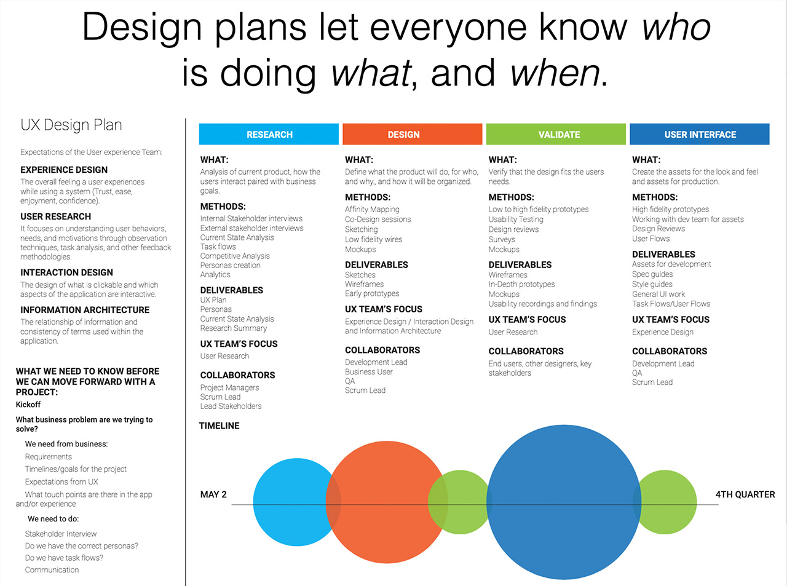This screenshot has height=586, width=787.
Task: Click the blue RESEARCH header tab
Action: [x=269, y=134]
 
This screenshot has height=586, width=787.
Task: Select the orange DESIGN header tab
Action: [x=412, y=134]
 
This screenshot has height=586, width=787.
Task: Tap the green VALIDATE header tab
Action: [x=556, y=134]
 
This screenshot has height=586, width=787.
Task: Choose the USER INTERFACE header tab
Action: [x=700, y=134]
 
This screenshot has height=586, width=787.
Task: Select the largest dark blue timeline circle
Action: [x=563, y=502]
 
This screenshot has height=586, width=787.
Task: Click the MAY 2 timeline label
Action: [x=213, y=494]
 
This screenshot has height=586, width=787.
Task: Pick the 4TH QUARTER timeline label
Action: [x=745, y=494]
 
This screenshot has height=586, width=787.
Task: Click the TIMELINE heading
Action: [x=219, y=426]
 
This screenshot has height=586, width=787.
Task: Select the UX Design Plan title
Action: [x=71, y=125]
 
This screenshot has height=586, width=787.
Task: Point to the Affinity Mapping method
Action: [x=372, y=210]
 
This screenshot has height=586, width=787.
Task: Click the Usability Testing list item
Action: [x=516, y=220]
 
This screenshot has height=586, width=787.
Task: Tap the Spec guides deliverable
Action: [x=652, y=274]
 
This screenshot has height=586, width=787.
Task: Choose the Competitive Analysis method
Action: [x=235, y=256]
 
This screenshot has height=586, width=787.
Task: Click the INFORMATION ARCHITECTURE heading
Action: [x=85, y=310]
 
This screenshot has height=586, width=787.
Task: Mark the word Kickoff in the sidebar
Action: [x=28, y=405]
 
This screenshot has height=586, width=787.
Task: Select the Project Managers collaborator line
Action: [x=229, y=387]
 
